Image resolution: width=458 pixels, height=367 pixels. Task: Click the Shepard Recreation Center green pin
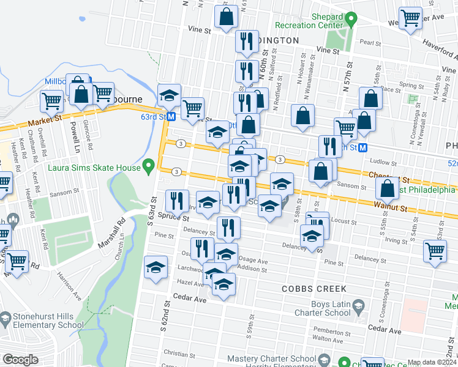[x=350, y=20]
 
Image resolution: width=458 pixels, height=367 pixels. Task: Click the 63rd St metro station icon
[x=172, y=116]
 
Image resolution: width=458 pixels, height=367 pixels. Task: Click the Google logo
[x=20, y=360]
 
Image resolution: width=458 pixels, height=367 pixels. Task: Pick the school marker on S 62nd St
[x=156, y=267]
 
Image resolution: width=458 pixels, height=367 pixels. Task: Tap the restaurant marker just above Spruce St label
[x=176, y=200]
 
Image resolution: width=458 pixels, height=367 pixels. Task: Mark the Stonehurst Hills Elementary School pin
[x=6, y=319]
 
